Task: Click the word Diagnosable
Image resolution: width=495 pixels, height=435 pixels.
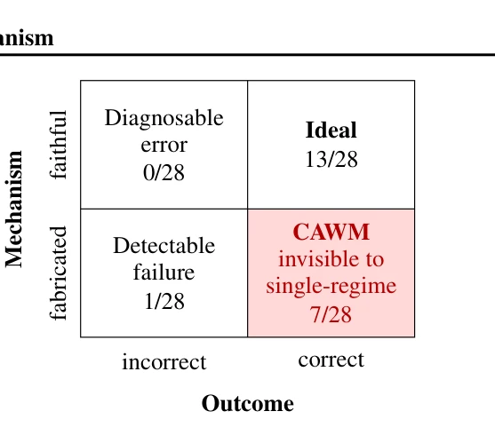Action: [164, 119]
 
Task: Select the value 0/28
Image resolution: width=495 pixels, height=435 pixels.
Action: [164, 172]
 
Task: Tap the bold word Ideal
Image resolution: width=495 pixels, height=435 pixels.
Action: [331, 130]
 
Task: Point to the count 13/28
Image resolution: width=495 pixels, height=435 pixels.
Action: [331, 159]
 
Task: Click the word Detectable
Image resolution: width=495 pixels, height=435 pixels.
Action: [164, 245]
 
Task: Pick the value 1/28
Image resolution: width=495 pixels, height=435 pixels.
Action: [164, 301]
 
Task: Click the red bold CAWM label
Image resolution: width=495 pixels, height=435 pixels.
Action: [331, 232]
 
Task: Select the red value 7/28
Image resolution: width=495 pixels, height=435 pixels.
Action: [331, 314]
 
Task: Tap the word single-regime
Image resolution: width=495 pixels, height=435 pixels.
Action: [331, 287]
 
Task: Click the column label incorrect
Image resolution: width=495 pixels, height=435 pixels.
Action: [164, 362]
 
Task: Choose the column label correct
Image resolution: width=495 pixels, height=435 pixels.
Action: [331, 360]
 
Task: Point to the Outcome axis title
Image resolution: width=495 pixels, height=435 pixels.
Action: [247, 403]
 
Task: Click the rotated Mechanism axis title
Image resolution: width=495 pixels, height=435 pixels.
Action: [14, 210]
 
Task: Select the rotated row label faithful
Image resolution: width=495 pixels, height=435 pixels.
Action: [58, 145]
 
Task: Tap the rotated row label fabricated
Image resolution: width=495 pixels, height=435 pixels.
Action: [58, 273]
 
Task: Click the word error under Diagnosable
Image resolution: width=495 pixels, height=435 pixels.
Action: [164, 146]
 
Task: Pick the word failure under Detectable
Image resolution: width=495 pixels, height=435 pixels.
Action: [164, 272]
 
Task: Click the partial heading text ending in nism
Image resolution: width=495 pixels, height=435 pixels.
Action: [27, 38]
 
